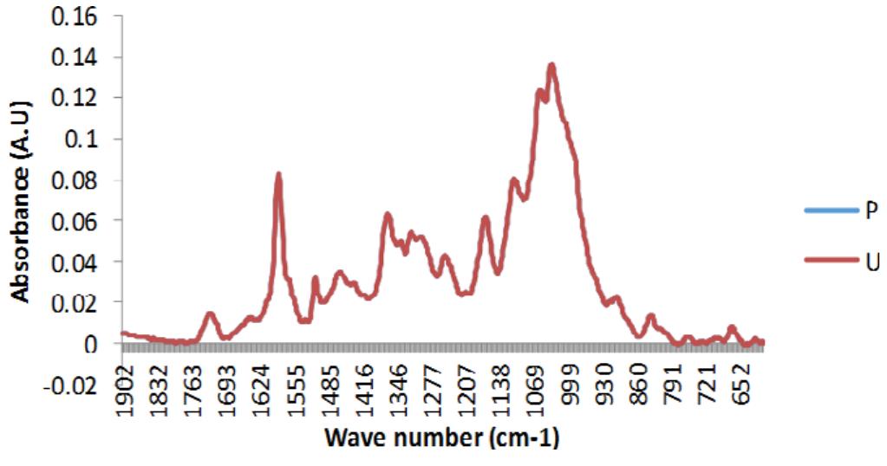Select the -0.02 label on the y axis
[x=69, y=385]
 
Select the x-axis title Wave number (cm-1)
[x=441, y=439]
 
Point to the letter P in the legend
[x=872, y=211]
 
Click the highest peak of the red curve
[x=551, y=64]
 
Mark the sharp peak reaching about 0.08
[x=278, y=174]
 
